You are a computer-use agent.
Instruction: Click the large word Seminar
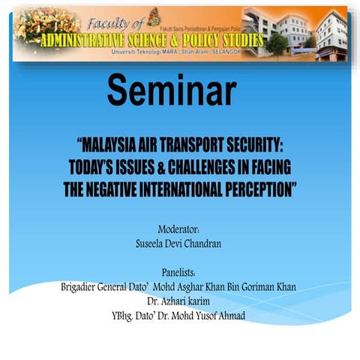172,90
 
